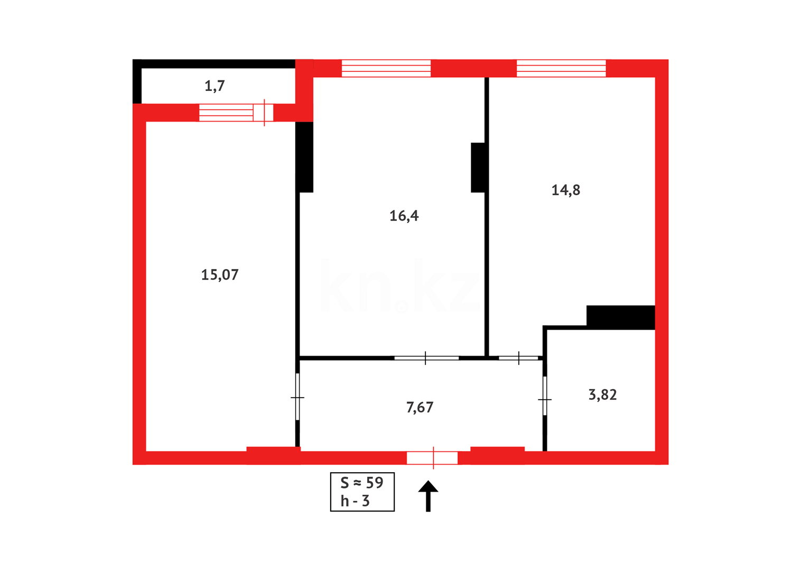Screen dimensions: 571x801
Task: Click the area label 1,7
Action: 215,86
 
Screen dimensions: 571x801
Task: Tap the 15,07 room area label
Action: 220,274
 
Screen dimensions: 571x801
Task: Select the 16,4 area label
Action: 404,216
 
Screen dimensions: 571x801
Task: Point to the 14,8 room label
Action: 565,190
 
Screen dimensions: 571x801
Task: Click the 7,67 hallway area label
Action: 420,407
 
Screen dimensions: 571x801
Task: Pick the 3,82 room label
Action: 602,395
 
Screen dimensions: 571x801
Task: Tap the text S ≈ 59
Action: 362,483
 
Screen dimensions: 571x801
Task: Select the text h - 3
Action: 355,501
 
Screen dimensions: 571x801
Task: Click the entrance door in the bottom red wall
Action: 432,458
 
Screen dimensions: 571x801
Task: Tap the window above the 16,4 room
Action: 386,68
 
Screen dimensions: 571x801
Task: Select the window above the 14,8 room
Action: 561,68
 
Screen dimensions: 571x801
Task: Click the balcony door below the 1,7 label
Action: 236,113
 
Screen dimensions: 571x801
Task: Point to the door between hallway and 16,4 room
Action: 426,358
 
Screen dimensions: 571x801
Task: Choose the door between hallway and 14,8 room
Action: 518,358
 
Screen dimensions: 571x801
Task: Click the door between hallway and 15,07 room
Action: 297,397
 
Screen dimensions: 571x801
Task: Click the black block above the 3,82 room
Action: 620,317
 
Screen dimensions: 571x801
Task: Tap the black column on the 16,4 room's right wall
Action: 478,168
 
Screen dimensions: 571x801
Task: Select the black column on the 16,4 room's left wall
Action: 304,157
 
